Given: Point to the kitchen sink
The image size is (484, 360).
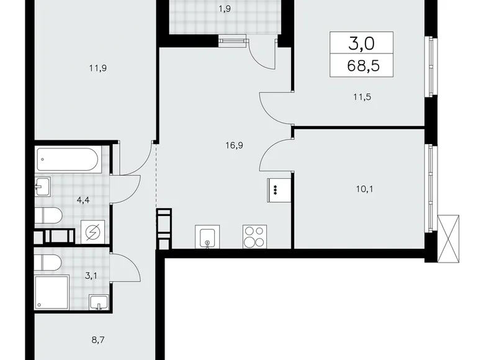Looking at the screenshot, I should coord(206,236).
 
